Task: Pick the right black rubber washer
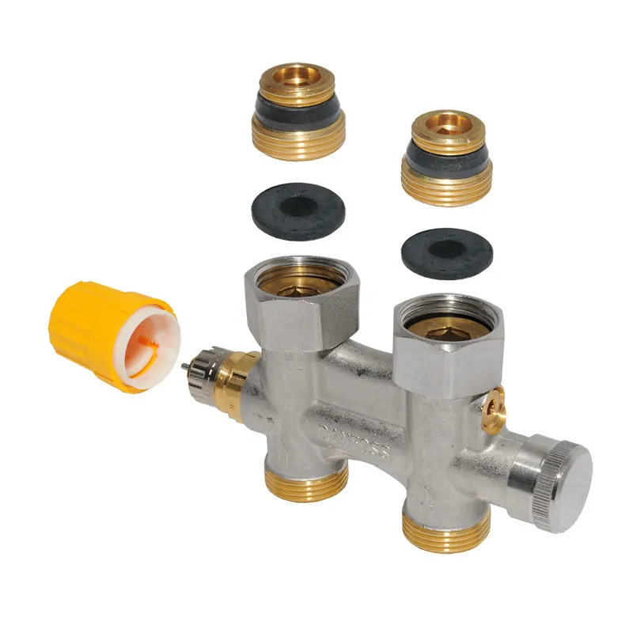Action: (447, 253)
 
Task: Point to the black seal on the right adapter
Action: (445, 162)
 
